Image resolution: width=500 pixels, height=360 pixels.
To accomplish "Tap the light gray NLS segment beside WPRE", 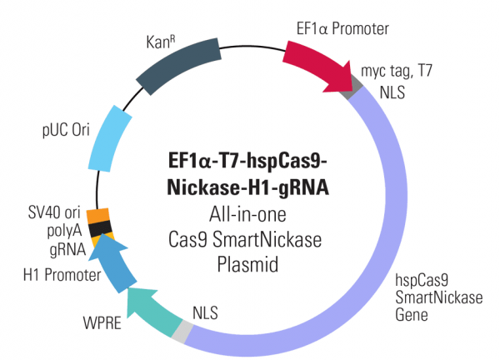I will point(182,332).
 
